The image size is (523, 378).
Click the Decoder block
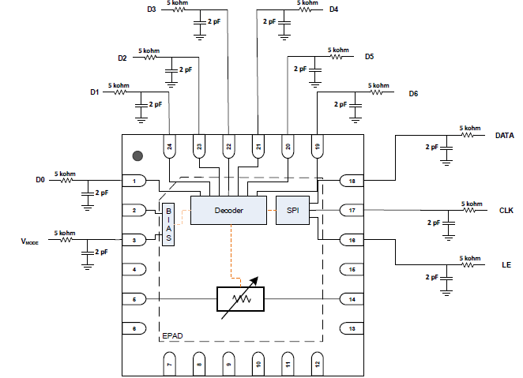click(x=228, y=210)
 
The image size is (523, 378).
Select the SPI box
click(x=292, y=210)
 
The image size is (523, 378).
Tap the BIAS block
click(x=167, y=225)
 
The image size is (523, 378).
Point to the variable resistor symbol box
click(x=240, y=299)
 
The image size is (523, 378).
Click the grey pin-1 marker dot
click(x=137, y=158)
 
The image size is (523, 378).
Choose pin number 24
click(x=169, y=146)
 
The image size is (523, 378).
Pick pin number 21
click(x=258, y=146)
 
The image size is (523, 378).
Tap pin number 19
click(x=316, y=146)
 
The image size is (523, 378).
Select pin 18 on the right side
click(x=352, y=182)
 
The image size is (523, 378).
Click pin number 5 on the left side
click(x=135, y=299)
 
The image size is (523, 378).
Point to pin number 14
click(x=352, y=299)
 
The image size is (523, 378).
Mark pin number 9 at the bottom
click(x=228, y=363)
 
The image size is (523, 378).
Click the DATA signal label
click(x=504, y=136)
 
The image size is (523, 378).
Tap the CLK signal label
click(x=506, y=211)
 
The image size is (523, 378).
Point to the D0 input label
click(x=40, y=181)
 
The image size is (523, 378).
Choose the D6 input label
click(x=413, y=95)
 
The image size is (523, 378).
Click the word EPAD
click(x=174, y=336)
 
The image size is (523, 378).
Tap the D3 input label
click(x=152, y=9)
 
